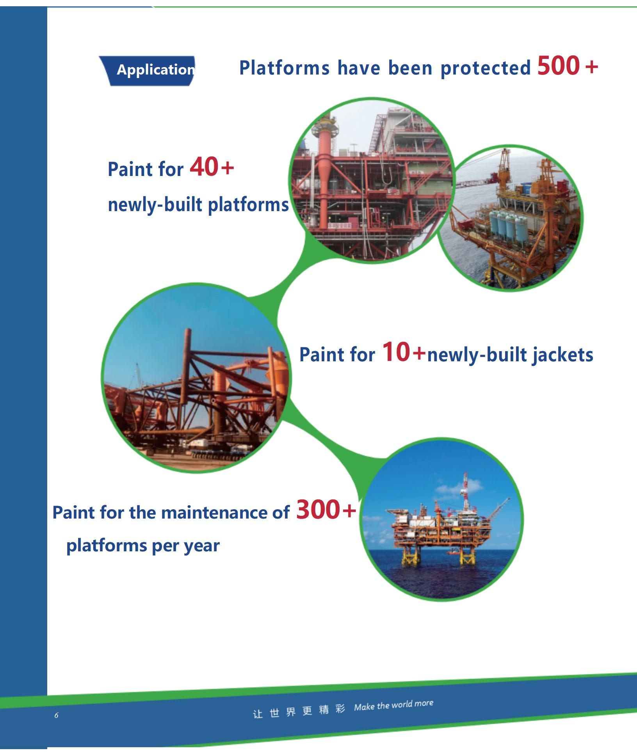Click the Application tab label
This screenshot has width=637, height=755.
click(x=156, y=70)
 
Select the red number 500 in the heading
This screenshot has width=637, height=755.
click(x=559, y=66)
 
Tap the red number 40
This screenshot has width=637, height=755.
click(x=204, y=167)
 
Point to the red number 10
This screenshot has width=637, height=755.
click(x=396, y=352)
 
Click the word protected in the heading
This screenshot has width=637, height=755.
click(x=486, y=68)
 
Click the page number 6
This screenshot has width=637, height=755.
click(x=56, y=715)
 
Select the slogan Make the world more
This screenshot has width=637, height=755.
click(x=393, y=705)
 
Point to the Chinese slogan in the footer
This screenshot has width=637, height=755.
click(x=299, y=711)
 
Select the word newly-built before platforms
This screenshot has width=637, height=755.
click(x=155, y=205)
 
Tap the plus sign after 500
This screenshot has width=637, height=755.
click(x=592, y=66)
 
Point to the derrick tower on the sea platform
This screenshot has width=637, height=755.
click(x=465, y=489)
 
